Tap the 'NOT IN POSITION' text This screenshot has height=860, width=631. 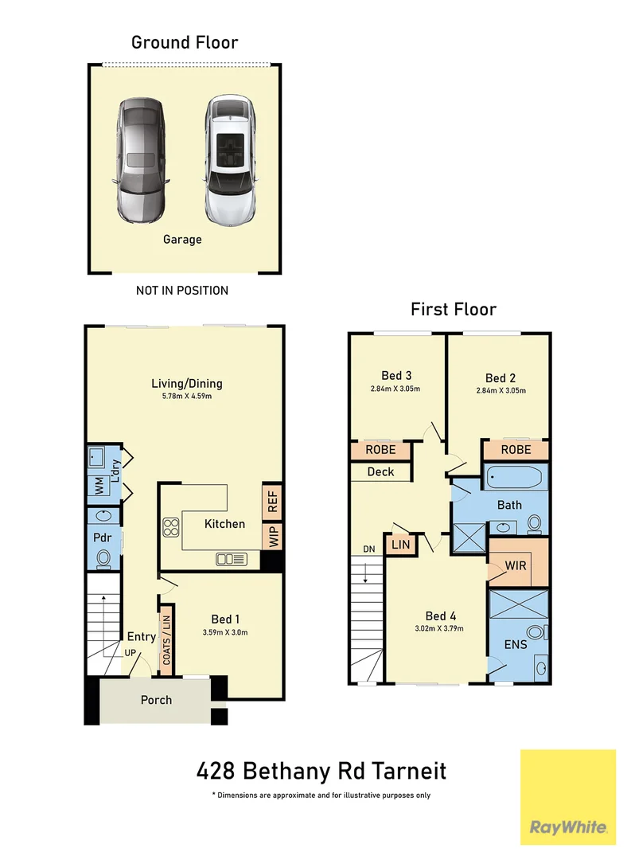(182, 291)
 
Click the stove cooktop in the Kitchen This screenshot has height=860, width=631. (171, 526)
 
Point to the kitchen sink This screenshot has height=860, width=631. (231, 559)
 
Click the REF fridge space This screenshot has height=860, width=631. (272, 501)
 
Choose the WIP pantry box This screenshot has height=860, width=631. (272, 536)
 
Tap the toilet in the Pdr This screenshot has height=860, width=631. (103, 560)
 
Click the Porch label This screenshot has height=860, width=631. (156, 700)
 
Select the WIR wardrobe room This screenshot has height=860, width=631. (516, 565)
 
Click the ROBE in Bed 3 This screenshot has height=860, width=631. (380, 451)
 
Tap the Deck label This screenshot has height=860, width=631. (380, 471)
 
